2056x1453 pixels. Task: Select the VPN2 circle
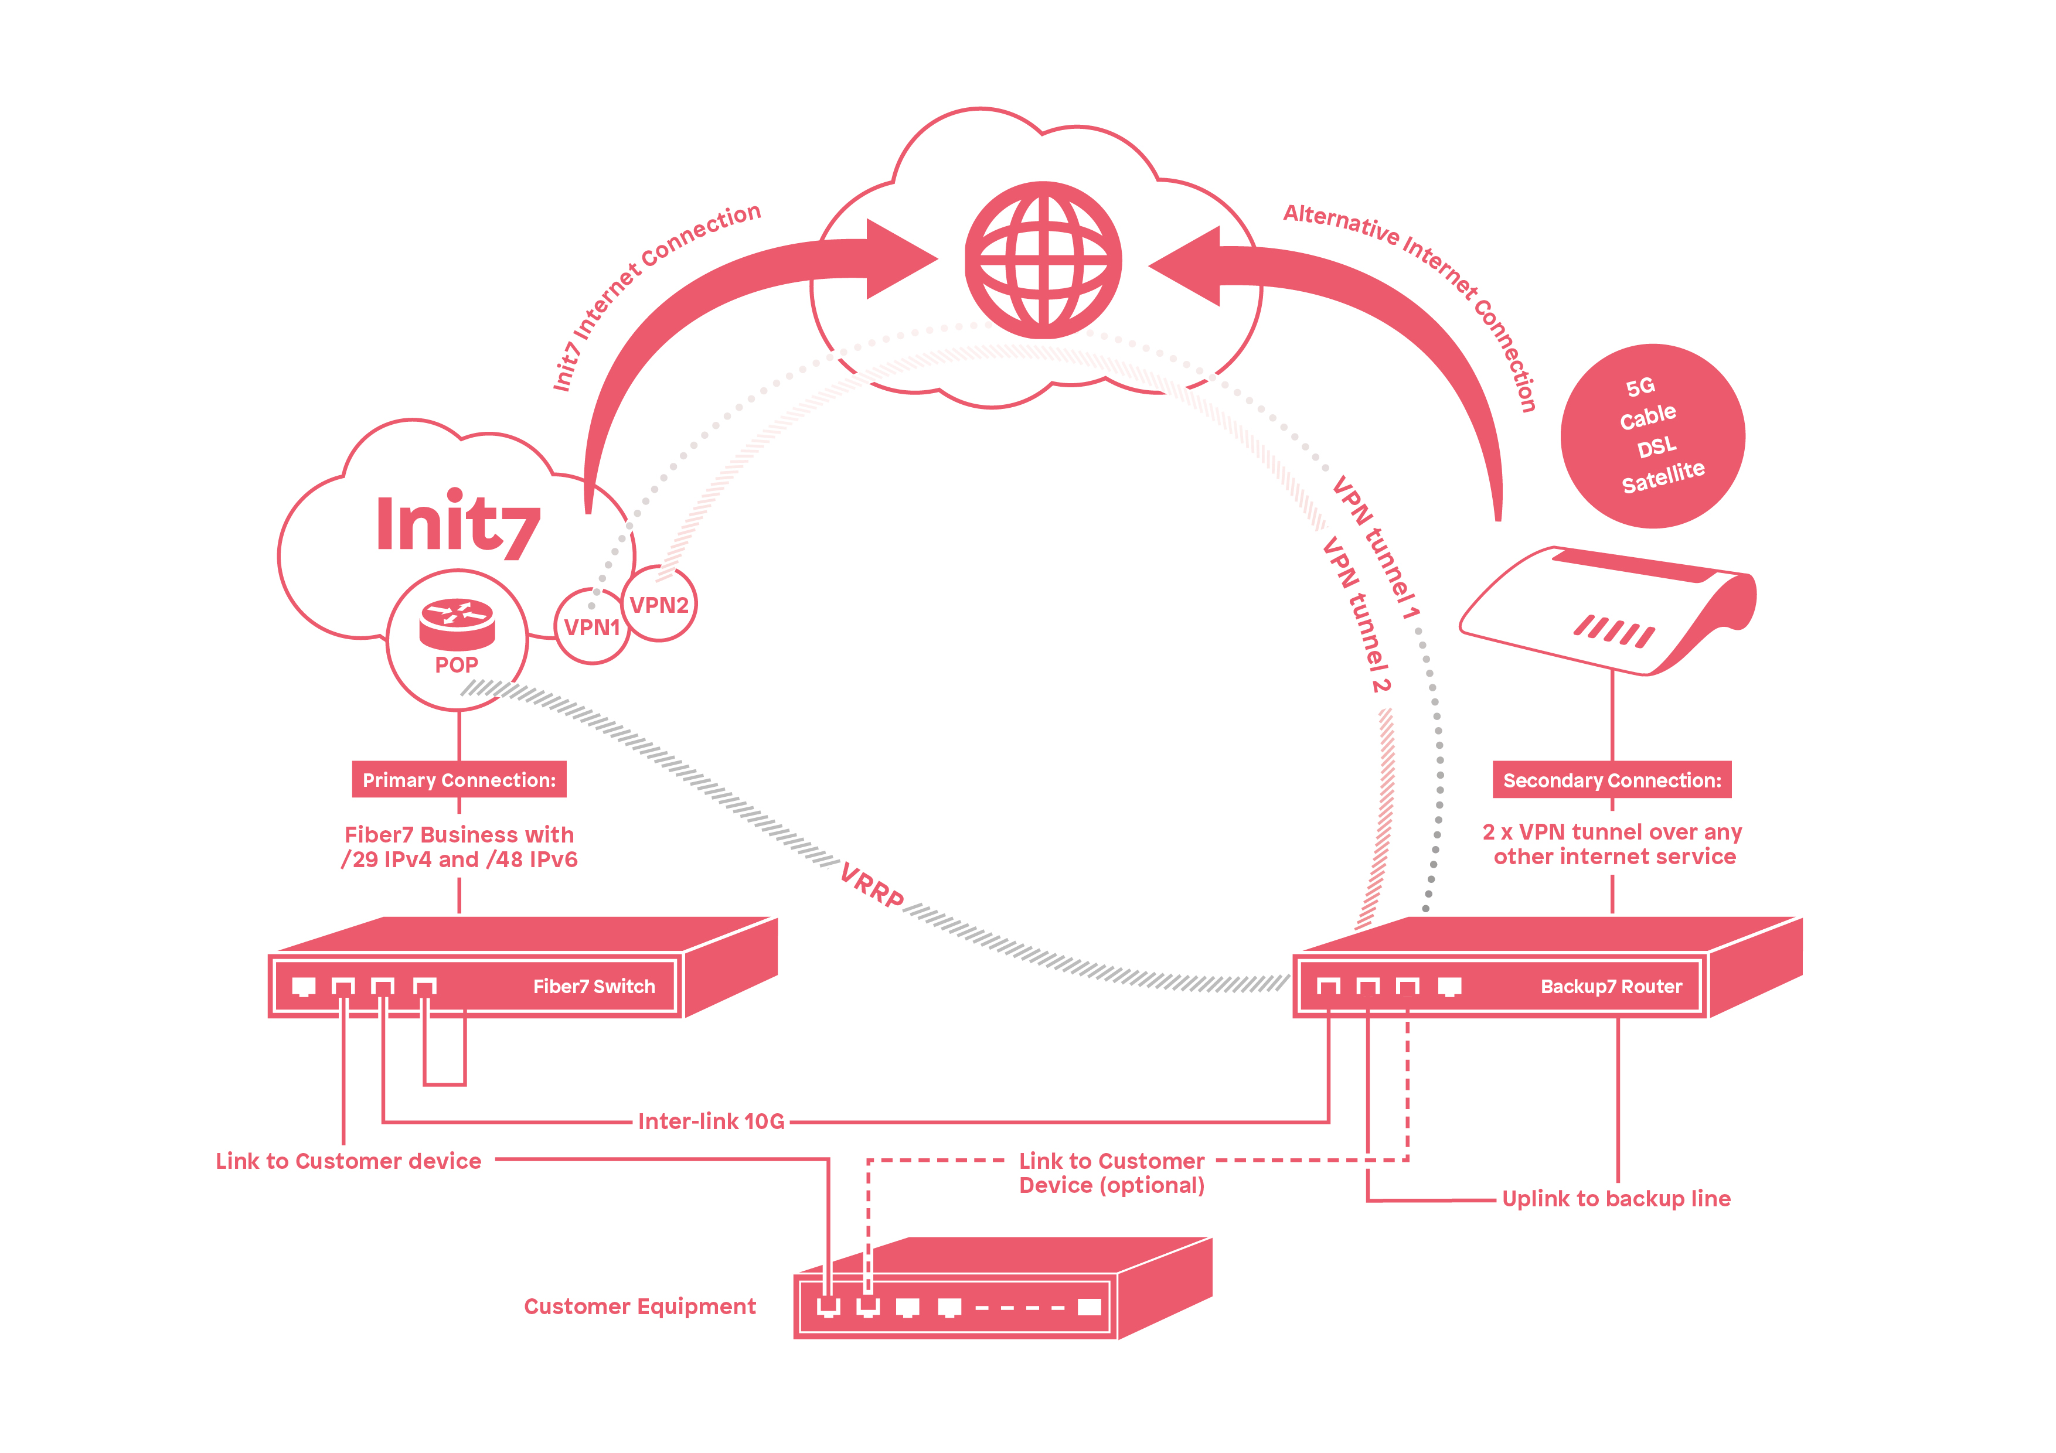click(659, 605)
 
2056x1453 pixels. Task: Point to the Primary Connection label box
click(458, 780)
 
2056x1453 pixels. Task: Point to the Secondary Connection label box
click(1611, 780)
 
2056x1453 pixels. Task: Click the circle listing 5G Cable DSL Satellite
click(1652, 436)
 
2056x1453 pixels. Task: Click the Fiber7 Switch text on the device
click(594, 985)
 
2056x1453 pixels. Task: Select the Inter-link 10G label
click(711, 1121)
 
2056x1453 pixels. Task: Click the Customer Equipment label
click(639, 1306)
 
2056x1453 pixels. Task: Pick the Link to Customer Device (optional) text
click(1111, 1173)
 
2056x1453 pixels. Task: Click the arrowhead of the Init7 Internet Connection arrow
click(900, 260)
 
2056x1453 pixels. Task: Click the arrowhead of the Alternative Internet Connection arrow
click(1186, 266)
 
